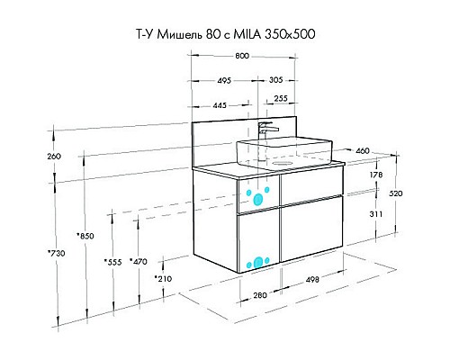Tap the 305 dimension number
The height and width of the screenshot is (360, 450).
click(x=277, y=80)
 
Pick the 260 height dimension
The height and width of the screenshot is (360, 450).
click(x=53, y=157)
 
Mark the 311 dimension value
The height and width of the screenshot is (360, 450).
click(x=377, y=214)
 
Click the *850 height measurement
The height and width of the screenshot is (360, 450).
click(x=85, y=236)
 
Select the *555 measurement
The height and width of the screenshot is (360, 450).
click(x=112, y=262)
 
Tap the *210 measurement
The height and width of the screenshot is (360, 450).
click(x=162, y=279)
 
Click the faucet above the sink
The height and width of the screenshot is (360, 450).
click(x=265, y=128)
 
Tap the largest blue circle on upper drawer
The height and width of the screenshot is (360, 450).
click(x=261, y=200)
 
